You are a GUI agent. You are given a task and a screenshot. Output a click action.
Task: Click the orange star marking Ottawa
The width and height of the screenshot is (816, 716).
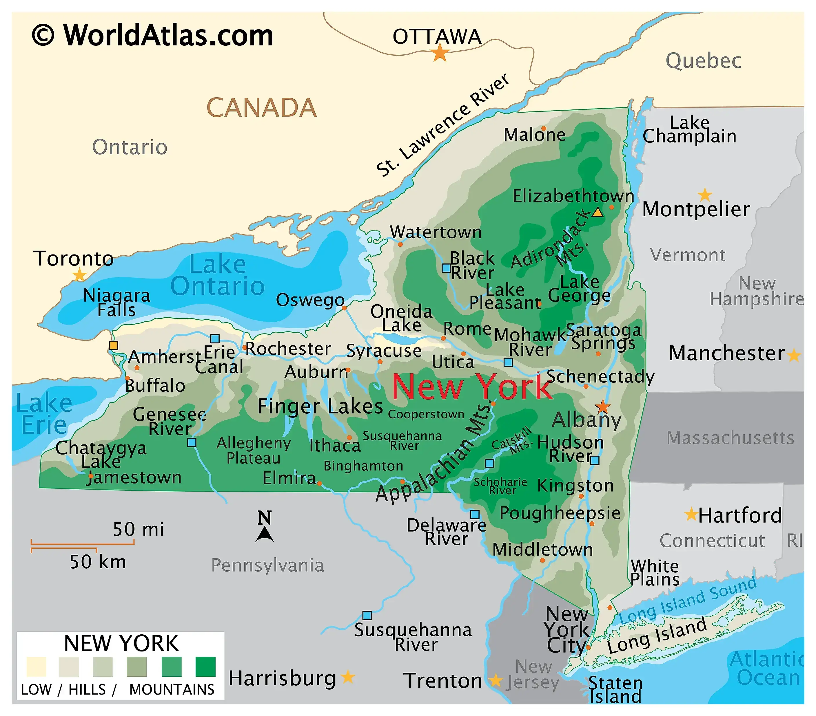[x=440, y=53]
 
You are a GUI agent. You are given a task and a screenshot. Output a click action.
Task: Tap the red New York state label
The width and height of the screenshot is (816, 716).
[x=472, y=387]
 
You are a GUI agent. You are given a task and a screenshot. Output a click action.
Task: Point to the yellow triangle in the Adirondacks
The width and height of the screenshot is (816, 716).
[x=597, y=212]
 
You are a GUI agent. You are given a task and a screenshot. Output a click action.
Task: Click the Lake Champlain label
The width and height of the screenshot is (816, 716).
[x=689, y=129]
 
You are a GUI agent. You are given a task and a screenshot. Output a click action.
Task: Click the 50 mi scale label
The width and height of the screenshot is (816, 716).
[x=138, y=529]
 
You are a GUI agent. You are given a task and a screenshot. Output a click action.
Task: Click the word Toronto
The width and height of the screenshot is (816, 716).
[x=73, y=259]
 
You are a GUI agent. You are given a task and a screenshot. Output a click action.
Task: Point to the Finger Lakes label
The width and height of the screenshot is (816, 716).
[x=320, y=406]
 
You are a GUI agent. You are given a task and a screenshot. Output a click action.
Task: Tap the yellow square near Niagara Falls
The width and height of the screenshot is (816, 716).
[x=113, y=345]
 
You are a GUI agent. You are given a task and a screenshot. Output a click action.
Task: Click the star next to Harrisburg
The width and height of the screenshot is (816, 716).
[x=348, y=677]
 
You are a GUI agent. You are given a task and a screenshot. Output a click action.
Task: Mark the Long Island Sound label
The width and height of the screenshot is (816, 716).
[x=687, y=600]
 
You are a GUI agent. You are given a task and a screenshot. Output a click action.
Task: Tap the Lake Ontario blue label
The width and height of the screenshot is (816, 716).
[x=218, y=275]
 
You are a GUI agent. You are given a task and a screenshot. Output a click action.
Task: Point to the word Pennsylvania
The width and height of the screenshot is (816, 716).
[x=267, y=565]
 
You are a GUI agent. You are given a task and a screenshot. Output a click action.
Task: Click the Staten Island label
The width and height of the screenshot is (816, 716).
[x=615, y=690]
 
